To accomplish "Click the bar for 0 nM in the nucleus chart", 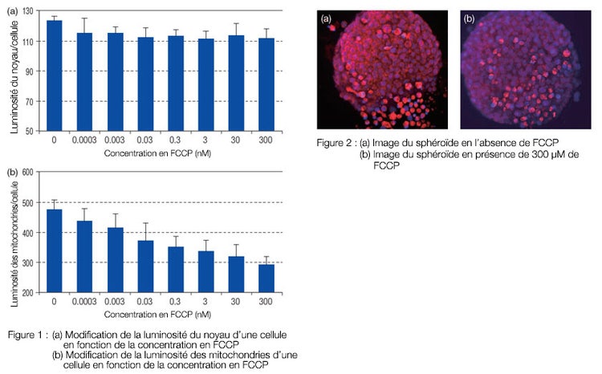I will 55,75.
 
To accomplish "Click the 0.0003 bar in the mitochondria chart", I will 85,257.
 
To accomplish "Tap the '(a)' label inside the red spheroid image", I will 327,18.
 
